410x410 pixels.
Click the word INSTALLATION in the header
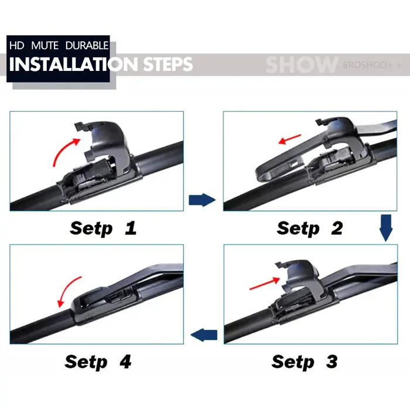[73, 64]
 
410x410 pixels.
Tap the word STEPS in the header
[168, 64]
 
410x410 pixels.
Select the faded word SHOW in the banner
[302, 64]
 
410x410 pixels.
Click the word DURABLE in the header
[87, 46]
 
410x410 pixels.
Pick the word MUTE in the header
[45, 46]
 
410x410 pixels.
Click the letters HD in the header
[17, 46]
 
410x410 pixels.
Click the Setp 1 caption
[103, 228]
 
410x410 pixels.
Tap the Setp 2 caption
[310, 228]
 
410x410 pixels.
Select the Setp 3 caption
[305, 362]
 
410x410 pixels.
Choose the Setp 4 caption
[98, 362]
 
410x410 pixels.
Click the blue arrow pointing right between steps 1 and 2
[202, 200]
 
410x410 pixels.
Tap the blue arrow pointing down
[386, 228]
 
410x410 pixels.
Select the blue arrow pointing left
[204, 335]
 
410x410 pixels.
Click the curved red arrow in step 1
[61, 149]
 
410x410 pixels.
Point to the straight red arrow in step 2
[290, 139]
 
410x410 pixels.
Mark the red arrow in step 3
[265, 283]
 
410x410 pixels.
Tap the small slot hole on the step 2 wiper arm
[293, 164]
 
